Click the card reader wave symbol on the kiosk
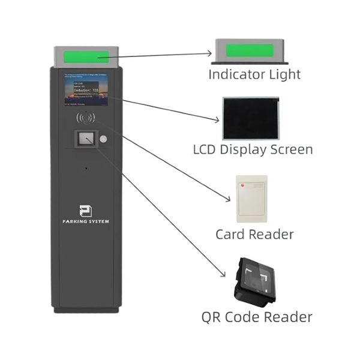pos(86,116)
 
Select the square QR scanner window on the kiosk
pos(86,139)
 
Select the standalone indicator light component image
pos(255,51)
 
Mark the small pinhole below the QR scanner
pos(86,168)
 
